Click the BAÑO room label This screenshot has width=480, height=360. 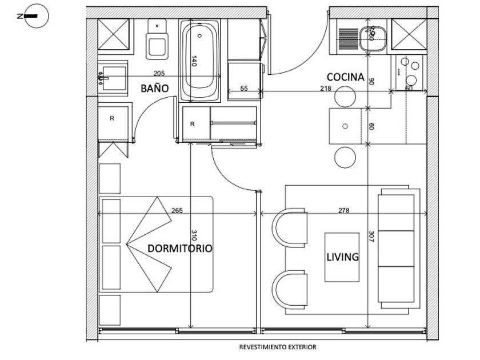[155, 89]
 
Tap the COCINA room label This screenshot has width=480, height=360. [345, 77]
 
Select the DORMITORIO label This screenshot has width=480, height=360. [180, 249]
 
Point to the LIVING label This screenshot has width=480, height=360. [343, 257]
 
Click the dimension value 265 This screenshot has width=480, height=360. [177, 210]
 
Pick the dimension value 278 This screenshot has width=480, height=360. [343, 210]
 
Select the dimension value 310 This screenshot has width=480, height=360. [194, 235]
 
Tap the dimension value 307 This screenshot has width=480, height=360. [371, 235]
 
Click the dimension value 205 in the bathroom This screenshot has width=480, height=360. [159, 73]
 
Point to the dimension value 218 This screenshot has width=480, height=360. [325, 88]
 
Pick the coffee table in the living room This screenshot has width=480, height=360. [342, 257]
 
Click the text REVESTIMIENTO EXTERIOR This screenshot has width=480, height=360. [278, 347]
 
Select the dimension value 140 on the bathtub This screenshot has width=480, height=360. [194, 62]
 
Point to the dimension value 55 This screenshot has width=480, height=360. [244, 88]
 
